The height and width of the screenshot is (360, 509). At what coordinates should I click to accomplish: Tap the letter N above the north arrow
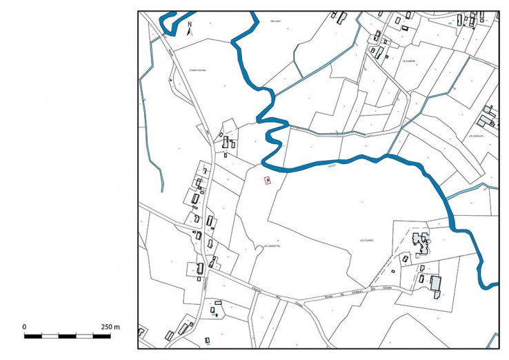(189, 23)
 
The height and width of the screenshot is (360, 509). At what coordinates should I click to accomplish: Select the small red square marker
(268, 181)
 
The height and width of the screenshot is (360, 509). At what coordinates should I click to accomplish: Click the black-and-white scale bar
(67, 336)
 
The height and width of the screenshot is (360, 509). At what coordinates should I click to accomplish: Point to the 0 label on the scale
(24, 326)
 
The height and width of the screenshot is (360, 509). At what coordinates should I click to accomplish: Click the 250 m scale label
(111, 326)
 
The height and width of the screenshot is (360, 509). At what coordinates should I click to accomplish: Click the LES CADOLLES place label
(477, 136)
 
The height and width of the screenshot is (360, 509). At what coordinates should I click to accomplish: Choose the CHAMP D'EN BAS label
(198, 69)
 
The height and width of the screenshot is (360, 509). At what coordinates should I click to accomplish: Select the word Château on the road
(359, 292)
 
